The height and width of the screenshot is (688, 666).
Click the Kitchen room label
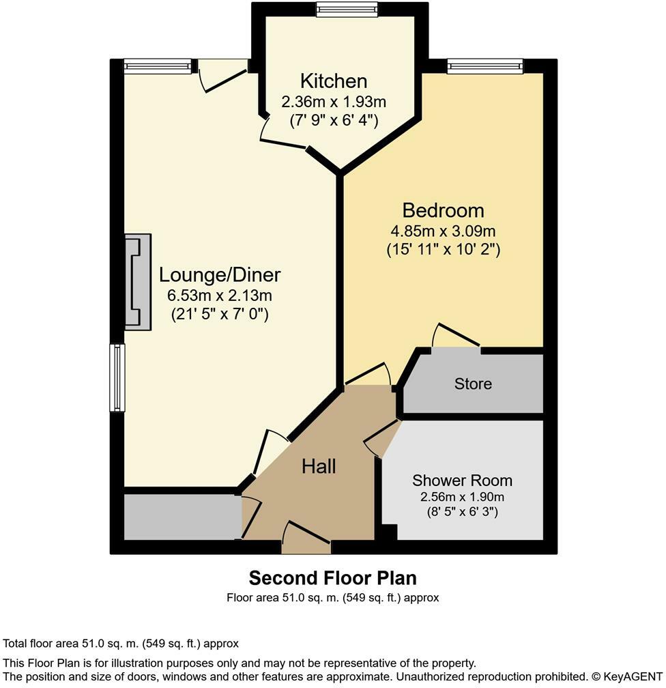tap(334, 81)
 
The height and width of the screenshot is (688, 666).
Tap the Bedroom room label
tap(443, 210)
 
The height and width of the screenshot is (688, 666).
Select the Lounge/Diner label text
tap(220, 275)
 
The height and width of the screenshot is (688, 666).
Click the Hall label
tap(319, 466)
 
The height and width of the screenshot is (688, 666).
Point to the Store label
tap(473, 384)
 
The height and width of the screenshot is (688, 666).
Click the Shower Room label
tap(462, 481)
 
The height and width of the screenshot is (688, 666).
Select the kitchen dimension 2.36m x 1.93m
tap(334, 102)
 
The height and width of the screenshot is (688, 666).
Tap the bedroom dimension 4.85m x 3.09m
tap(443, 230)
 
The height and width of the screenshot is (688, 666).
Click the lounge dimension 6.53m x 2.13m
tap(220, 296)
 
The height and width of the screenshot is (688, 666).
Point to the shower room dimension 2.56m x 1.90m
tap(462, 497)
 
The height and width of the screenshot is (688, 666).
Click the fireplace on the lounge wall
tap(138, 282)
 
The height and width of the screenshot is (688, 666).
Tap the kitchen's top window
tap(347, 9)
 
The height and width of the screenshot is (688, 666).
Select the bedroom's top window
tap(484, 66)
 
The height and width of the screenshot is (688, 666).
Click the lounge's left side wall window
tap(117, 377)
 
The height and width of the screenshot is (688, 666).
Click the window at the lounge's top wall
tap(158, 66)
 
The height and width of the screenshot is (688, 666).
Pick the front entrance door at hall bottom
tap(306, 539)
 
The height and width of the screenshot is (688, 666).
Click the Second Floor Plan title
tap(332, 578)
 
